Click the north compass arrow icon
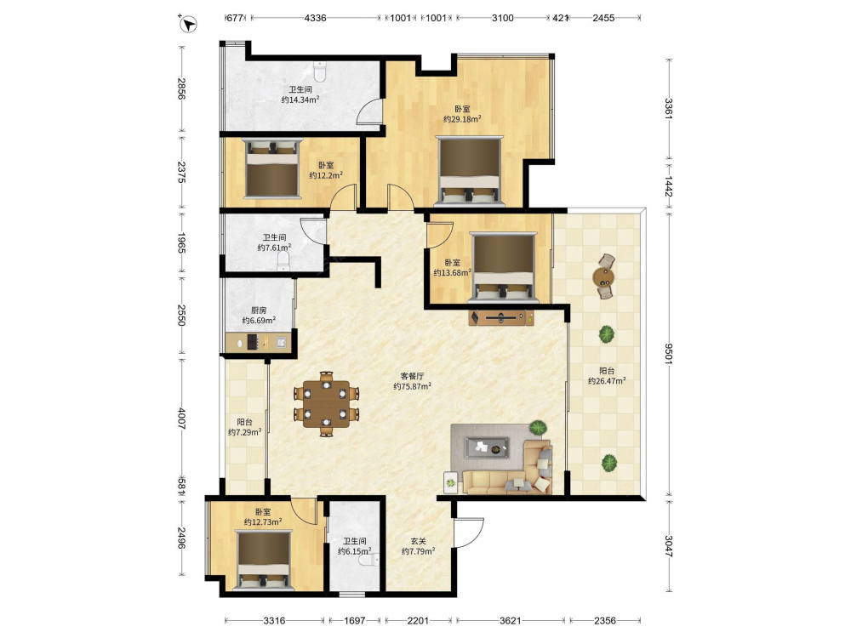[x=188, y=24]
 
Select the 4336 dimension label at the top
[x=316, y=18]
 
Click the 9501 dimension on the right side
[x=669, y=354]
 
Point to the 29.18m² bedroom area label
[x=462, y=119]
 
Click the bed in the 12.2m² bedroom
[x=272, y=169]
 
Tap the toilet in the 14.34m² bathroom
[x=320, y=71]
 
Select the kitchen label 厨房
[x=259, y=310]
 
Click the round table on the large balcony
[x=603, y=277]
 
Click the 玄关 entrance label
[x=418, y=541]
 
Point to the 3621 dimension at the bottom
[x=510, y=620]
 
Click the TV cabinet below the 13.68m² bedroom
[x=501, y=317]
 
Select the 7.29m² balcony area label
[x=245, y=432]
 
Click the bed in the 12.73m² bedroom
[x=264, y=560]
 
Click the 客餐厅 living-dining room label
[x=412, y=375]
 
